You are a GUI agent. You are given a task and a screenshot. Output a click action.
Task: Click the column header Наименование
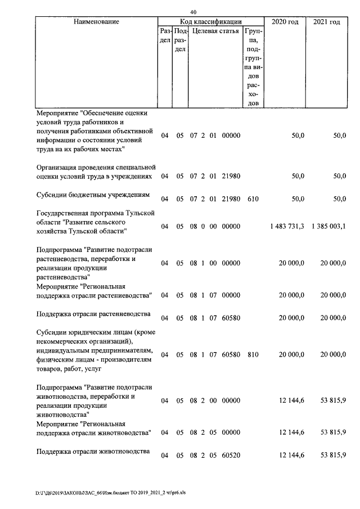[x=96, y=22]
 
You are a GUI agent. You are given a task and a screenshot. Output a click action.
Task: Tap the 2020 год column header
[x=285, y=22]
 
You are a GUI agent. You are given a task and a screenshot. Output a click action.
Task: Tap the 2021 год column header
[x=326, y=22]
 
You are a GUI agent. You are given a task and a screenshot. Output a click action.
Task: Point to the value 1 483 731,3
[x=287, y=226]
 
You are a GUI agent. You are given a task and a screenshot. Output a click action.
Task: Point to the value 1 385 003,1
[x=328, y=226]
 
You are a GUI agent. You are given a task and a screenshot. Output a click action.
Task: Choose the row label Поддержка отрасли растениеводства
[x=93, y=314]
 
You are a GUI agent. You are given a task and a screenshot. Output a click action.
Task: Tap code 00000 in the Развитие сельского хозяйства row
[x=231, y=226]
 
